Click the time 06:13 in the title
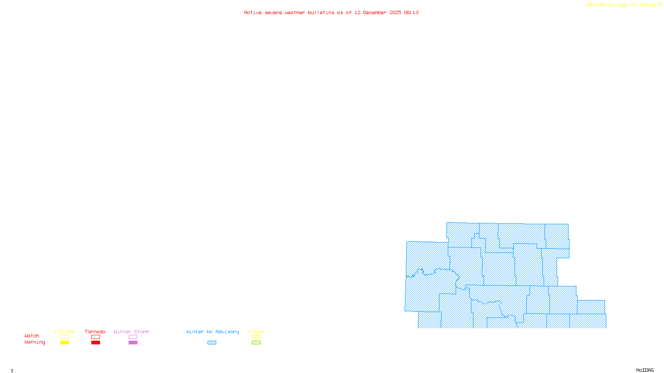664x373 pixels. (411, 13)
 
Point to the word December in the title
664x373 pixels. (374, 13)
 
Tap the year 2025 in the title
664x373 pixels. (395, 13)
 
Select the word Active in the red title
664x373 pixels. (253, 13)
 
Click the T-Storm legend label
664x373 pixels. (64, 332)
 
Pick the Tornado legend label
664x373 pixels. (95, 332)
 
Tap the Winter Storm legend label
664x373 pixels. (131, 332)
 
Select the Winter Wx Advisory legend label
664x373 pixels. (212, 332)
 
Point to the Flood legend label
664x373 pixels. (256, 332)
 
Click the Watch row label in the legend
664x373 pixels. (32, 336)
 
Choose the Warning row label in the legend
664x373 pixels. (35, 342)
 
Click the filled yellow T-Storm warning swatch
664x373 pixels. (64, 343)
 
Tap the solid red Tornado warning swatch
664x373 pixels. (96, 343)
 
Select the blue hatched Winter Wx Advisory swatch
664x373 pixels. (212, 343)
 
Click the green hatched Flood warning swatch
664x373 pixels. (256, 343)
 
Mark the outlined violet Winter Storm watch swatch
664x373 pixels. (133, 337)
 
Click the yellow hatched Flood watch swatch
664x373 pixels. (256, 337)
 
